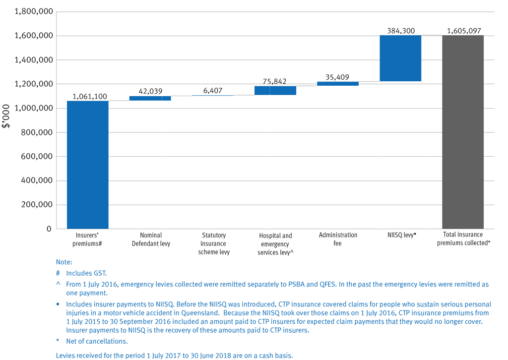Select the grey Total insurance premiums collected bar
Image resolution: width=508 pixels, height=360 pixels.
(462, 132)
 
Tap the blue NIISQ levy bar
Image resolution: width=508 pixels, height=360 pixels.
(400, 58)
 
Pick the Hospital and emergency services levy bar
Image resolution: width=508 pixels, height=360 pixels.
(275, 90)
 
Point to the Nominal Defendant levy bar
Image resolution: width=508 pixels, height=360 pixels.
(150, 98)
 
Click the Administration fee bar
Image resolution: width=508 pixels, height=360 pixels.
(338, 84)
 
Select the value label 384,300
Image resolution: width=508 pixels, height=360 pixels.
(401, 31)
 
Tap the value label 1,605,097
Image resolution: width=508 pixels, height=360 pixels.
(464, 31)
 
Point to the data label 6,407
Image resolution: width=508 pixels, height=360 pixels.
(213, 91)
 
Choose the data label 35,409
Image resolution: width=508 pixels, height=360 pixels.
(338, 77)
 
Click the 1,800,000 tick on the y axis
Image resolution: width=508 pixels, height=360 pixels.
(33, 12)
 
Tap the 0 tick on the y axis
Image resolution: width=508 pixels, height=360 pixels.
(49, 229)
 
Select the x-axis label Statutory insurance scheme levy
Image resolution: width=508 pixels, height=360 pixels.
(213, 243)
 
